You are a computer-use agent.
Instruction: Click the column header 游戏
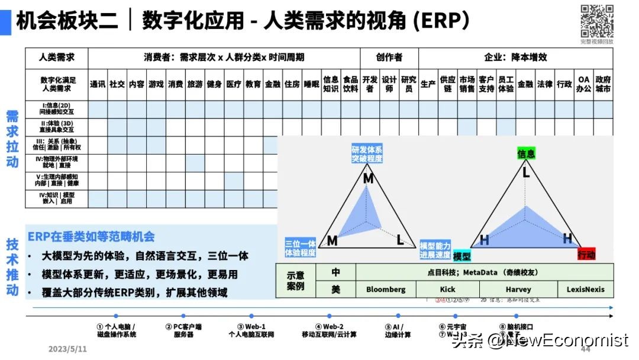tap(156, 84)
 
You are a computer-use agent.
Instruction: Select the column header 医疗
tap(234, 84)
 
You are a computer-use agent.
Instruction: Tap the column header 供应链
tap(448, 84)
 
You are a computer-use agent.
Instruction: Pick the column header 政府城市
tap(603, 84)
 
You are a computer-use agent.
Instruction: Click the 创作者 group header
tap(389, 57)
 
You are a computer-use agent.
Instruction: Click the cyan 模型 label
tap(461, 256)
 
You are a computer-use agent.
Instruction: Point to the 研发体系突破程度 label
tap(367, 154)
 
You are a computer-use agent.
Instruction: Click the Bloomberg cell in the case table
tap(386, 290)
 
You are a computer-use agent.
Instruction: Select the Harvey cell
tap(518, 290)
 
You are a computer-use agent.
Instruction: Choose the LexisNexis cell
tap(586, 290)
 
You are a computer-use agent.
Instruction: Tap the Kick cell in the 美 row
tap(448, 290)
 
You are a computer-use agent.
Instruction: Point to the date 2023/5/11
tap(67, 349)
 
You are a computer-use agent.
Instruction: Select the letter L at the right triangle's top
tap(525, 173)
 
